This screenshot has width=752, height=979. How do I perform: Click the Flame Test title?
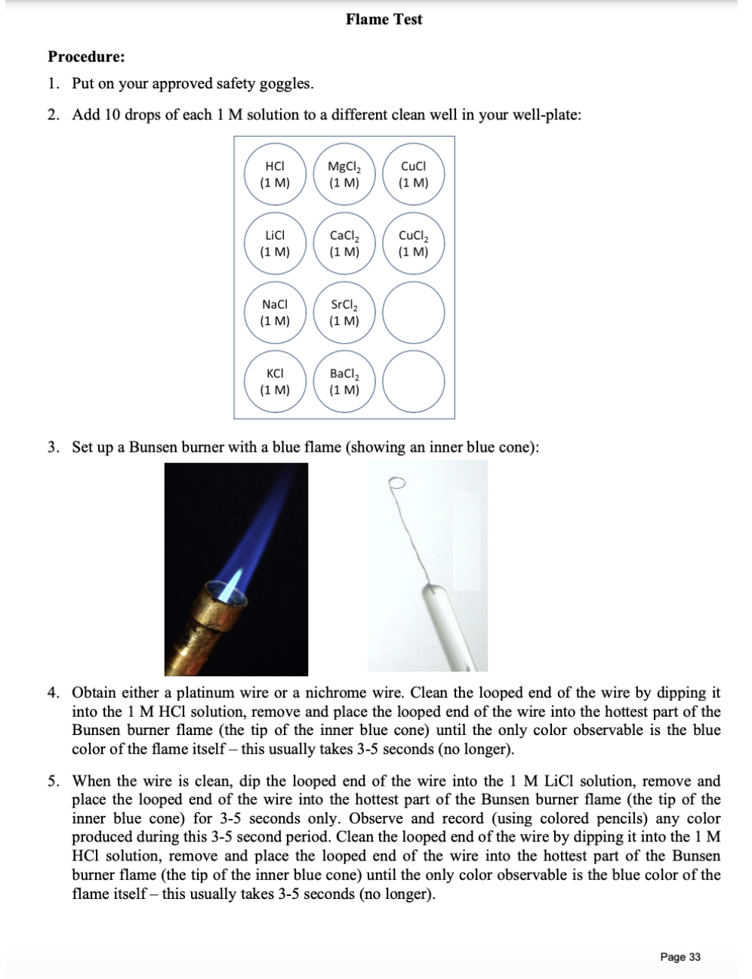[384, 20]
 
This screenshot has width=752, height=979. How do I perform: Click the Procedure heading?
[87, 57]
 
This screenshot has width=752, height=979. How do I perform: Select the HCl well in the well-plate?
[275, 174]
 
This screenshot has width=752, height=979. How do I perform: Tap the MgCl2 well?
[344, 174]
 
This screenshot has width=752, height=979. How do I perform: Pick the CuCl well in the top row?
[413, 174]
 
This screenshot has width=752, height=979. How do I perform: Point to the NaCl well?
[275, 313]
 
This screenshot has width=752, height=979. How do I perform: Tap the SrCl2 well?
[344, 313]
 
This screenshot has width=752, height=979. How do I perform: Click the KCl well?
[275, 382]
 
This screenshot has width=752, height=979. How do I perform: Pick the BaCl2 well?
[344, 382]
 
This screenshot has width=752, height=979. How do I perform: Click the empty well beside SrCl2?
[413, 313]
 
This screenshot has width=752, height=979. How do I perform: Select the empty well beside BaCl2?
[413, 382]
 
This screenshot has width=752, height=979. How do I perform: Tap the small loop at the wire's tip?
[397, 482]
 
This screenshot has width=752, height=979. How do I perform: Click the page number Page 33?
[680, 956]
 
